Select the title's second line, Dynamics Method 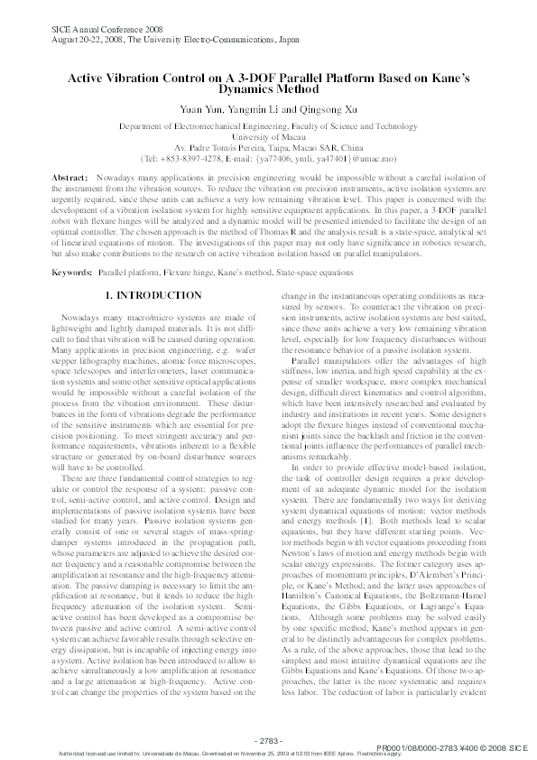[x=268, y=89]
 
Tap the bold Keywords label [x=71, y=246]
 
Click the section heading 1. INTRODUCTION [x=152, y=270]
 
